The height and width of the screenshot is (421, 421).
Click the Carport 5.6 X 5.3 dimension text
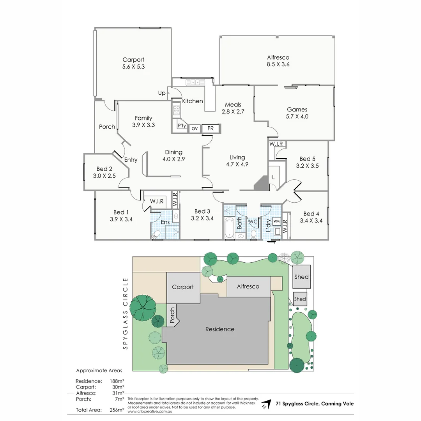(x=133, y=67)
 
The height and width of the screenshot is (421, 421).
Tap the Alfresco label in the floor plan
(x=278, y=57)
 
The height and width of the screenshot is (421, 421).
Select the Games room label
(x=297, y=110)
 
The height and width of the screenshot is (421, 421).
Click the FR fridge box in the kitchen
(x=210, y=128)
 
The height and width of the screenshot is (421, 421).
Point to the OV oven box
(x=195, y=128)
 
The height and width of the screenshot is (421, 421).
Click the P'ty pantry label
(x=182, y=126)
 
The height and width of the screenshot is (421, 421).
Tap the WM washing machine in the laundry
(x=276, y=221)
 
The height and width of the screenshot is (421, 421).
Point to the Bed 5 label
(x=307, y=159)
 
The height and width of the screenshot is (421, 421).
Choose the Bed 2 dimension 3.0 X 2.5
(x=104, y=176)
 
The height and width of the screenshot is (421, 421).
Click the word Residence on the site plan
(x=220, y=329)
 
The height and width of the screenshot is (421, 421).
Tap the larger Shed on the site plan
(x=301, y=277)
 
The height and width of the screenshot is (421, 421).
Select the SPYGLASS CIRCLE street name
(x=125, y=313)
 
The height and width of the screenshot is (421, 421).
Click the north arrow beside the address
(x=266, y=404)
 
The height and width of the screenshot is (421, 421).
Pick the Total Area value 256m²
(x=117, y=410)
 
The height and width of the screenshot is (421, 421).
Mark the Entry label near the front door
(x=131, y=159)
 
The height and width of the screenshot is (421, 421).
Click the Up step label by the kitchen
(x=161, y=93)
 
